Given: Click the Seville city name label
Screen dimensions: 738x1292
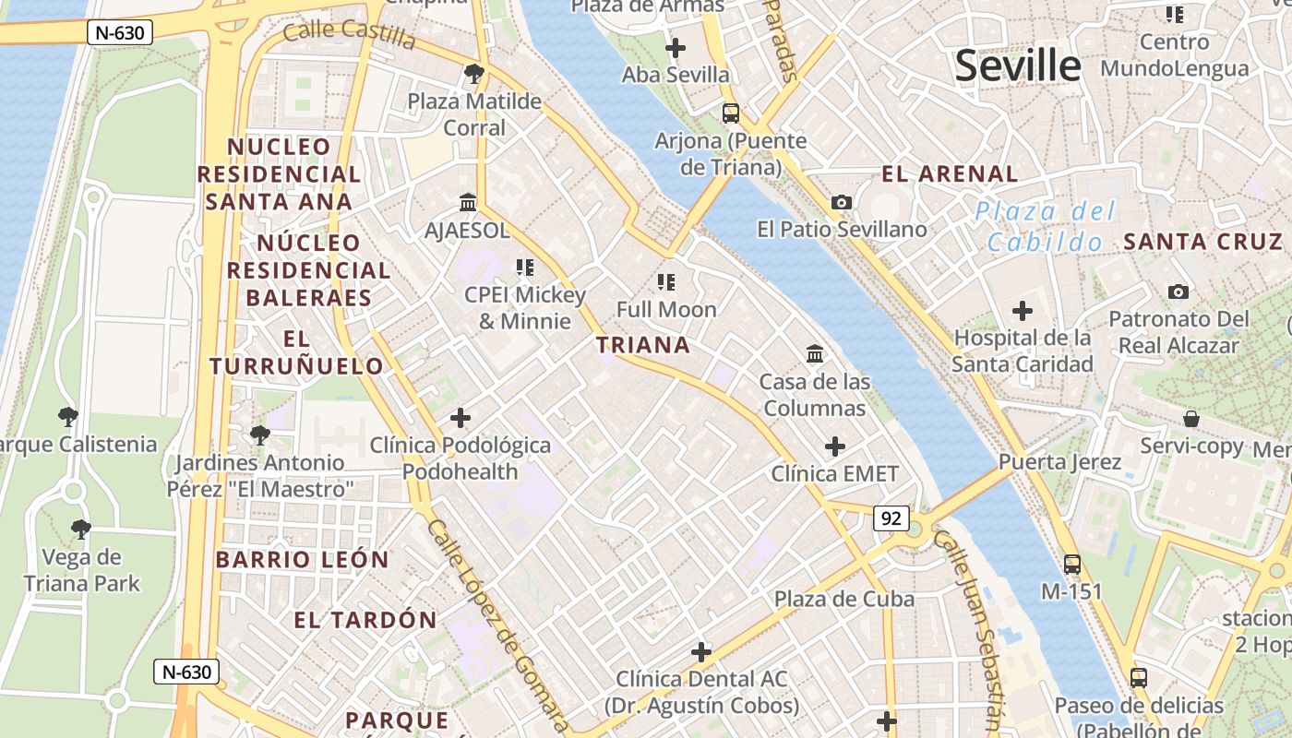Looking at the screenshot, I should pyautogui.click(x=1017, y=66).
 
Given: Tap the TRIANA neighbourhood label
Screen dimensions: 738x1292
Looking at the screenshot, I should pyautogui.click(x=643, y=345).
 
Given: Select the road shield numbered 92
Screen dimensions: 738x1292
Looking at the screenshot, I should pyautogui.click(x=891, y=518).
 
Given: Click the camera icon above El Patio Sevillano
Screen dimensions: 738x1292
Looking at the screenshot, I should pyautogui.click(x=842, y=202).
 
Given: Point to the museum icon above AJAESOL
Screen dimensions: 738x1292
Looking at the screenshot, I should pyautogui.click(x=468, y=202).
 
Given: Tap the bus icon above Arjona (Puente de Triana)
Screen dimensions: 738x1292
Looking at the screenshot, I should pyautogui.click(x=731, y=113).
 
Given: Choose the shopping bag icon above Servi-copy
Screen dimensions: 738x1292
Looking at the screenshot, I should pyautogui.click(x=1191, y=419).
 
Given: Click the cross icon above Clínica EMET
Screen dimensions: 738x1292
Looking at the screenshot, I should pyautogui.click(x=835, y=447).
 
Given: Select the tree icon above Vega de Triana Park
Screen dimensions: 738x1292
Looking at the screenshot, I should pyautogui.click(x=81, y=530).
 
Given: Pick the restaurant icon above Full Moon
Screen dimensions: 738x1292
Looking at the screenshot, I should pyautogui.click(x=666, y=282).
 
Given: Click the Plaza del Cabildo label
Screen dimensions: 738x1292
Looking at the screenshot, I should pyautogui.click(x=1045, y=227).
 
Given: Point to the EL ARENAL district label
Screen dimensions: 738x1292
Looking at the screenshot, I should pyautogui.click(x=950, y=173).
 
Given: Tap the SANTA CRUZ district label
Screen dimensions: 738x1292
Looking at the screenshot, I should pyautogui.click(x=1202, y=242).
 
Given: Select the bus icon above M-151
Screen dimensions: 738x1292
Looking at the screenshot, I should pyautogui.click(x=1072, y=564).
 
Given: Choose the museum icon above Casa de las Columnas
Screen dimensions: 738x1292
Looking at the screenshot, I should pyautogui.click(x=815, y=353).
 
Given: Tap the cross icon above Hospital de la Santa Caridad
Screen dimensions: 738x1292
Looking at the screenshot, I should pyautogui.click(x=1023, y=311).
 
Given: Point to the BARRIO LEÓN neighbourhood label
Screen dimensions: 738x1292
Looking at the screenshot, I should pyautogui.click(x=303, y=559).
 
